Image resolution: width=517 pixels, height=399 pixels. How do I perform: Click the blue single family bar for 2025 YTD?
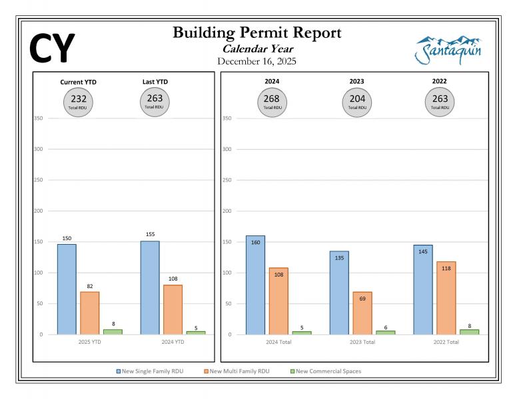pos(67,289)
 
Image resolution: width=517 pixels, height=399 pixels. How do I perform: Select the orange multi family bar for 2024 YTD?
pos(173,309)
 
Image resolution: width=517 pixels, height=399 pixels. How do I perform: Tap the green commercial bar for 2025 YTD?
pos(113,331)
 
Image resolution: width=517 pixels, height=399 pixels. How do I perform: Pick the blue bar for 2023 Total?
pos(339,293)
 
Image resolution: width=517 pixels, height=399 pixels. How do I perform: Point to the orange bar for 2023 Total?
pos(362,313)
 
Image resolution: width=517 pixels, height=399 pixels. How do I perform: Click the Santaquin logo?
pos(448,50)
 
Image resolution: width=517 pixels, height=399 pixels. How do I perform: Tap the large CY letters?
pos(53,48)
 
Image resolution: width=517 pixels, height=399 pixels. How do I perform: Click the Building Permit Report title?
pos(257,33)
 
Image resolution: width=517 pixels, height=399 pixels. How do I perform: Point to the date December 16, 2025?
pos(257,61)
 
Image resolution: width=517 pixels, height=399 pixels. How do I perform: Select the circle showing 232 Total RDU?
pos(79,101)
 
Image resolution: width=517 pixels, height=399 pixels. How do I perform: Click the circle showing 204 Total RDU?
pos(357,101)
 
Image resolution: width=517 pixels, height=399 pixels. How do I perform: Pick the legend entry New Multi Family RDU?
pos(238,371)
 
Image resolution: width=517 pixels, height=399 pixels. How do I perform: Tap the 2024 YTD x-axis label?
pos(173,342)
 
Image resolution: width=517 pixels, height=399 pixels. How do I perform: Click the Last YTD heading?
pos(155,82)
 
